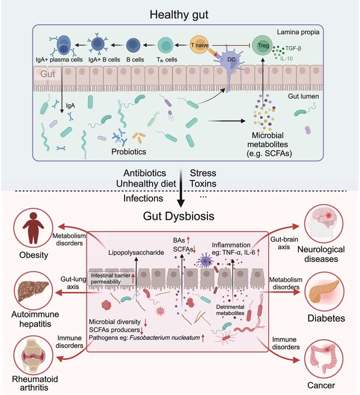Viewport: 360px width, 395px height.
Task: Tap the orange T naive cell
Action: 200,45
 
